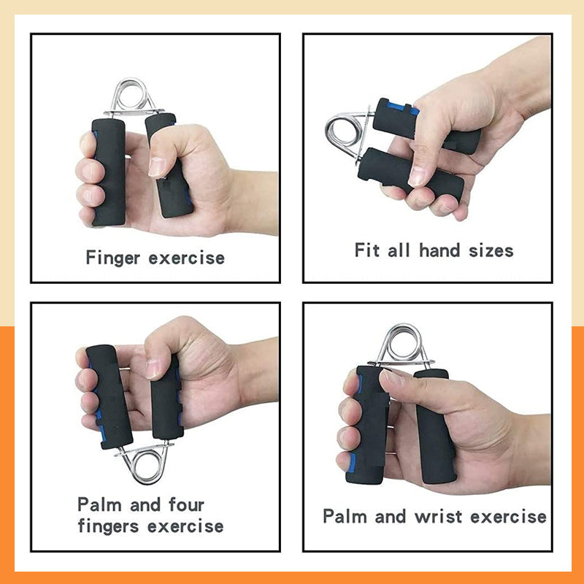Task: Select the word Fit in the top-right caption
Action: pos(367,250)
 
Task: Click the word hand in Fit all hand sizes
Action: pos(442,250)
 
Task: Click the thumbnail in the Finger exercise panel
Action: pos(157,166)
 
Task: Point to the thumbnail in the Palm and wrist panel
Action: pos(394,377)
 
